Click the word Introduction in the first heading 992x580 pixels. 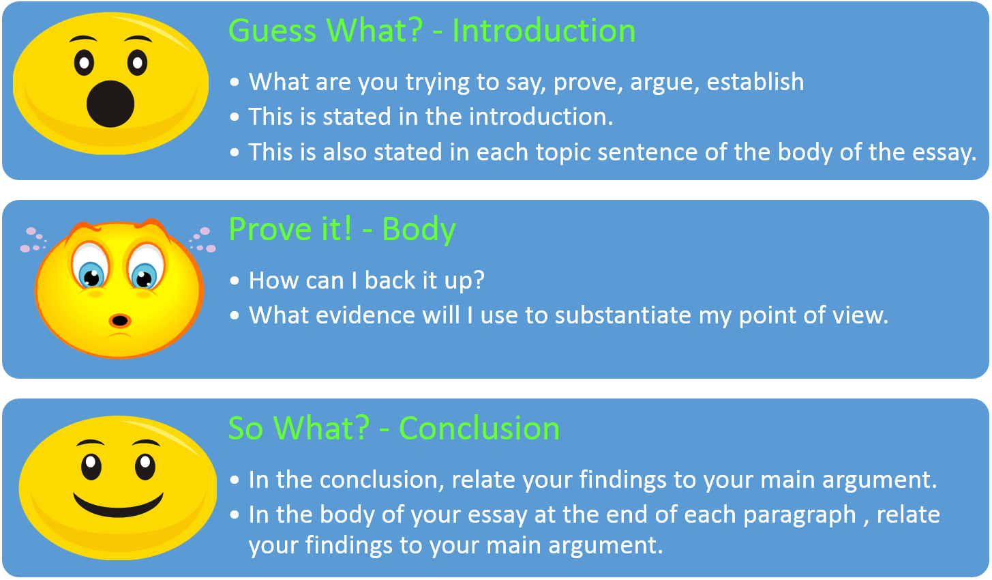coord(544,31)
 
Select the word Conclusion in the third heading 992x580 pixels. coord(479,429)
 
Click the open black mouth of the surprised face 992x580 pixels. coord(110,104)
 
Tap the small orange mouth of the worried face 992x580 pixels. coord(120,320)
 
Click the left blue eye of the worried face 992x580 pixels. coord(91,276)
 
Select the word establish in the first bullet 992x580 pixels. coord(755,81)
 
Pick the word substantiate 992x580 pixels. coord(622,315)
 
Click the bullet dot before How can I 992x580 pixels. coord(235,280)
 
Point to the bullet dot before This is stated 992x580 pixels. coord(235,117)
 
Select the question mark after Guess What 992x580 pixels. coord(415,31)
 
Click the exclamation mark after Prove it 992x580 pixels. coord(347,229)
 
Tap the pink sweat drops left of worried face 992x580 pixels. coord(33,240)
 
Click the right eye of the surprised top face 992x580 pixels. coord(137,63)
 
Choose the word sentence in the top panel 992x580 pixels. coord(647,152)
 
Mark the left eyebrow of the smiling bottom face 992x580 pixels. coord(90,443)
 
